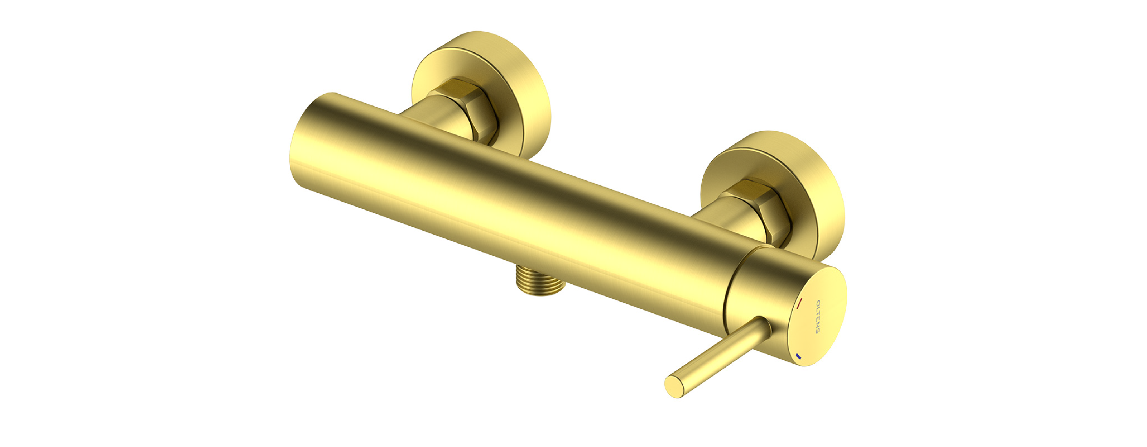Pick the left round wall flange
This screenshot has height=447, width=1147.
pos(481,94)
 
